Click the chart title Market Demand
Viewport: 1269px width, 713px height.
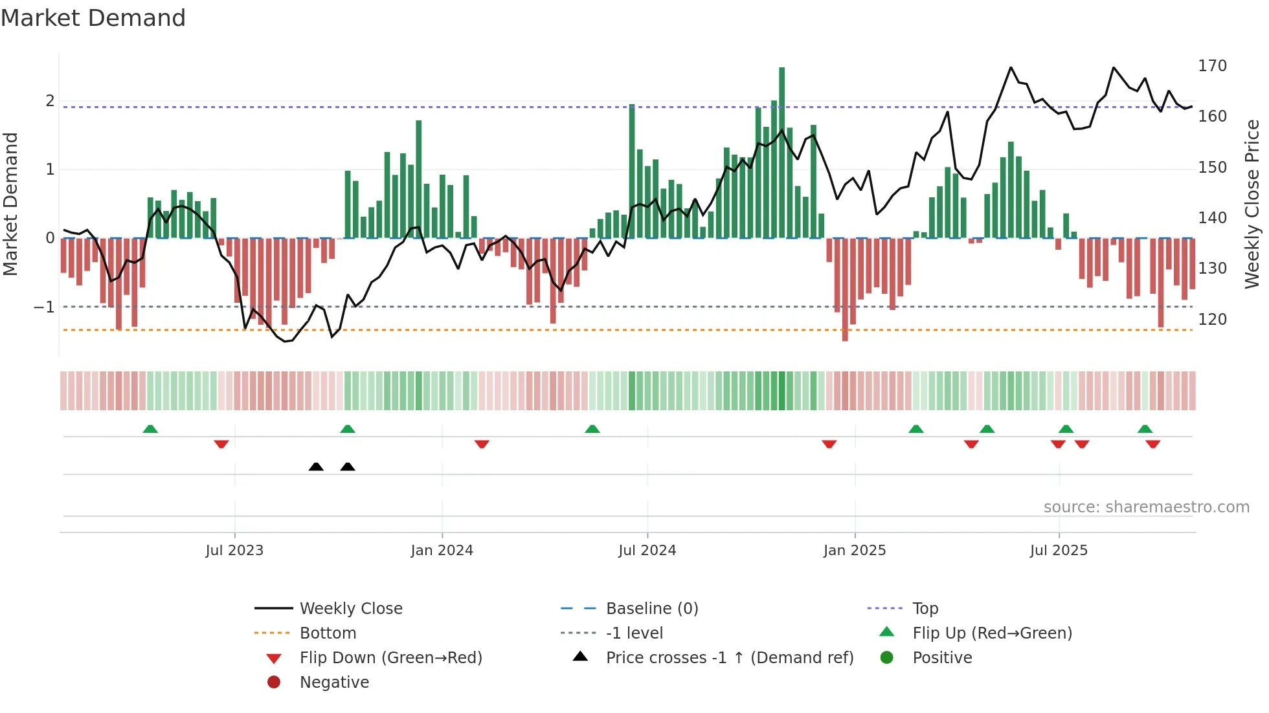click(x=93, y=18)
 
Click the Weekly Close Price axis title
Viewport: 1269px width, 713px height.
click(x=1252, y=204)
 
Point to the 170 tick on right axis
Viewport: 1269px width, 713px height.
click(x=1212, y=66)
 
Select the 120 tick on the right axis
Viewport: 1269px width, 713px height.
click(x=1212, y=319)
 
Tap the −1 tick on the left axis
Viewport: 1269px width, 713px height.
click(x=44, y=307)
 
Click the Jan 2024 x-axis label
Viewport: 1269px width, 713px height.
click(x=442, y=551)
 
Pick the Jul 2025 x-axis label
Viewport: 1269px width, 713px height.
click(x=1059, y=551)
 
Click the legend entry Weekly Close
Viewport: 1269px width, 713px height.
click(x=350, y=609)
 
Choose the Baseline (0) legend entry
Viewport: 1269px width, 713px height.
click(x=651, y=609)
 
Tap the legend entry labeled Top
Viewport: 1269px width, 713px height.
click(x=925, y=609)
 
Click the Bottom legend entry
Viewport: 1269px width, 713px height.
click(x=328, y=633)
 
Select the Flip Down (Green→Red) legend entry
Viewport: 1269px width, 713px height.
click(x=390, y=658)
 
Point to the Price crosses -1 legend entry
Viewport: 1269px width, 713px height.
click(x=729, y=658)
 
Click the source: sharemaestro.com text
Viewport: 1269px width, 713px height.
click(x=1146, y=507)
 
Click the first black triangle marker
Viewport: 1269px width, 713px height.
click(x=316, y=466)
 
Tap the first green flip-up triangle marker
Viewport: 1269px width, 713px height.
click(x=150, y=429)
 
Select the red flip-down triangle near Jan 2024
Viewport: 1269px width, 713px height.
click(x=482, y=444)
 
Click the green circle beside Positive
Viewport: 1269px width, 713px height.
click(x=887, y=657)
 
